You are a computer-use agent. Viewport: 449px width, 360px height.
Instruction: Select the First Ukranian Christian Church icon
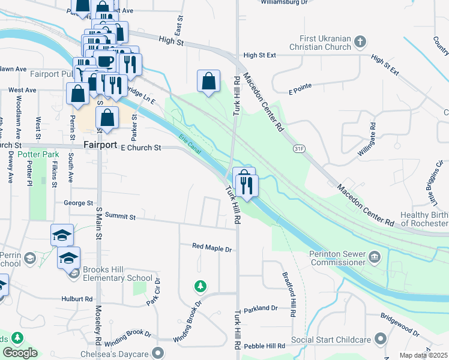[x=360, y=41]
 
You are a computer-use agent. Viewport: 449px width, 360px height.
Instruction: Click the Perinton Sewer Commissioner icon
[x=376, y=257]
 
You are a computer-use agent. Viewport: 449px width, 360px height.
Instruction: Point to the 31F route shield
[x=298, y=148]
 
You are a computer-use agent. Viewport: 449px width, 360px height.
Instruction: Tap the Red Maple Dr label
[x=211, y=247]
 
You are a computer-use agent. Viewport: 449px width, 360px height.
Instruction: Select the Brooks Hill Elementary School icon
[x=74, y=274]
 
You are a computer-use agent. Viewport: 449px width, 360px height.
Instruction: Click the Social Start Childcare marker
[x=380, y=340]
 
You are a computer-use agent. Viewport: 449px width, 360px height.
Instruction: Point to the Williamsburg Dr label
[x=284, y=2]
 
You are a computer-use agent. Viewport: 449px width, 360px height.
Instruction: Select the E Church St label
[x=141, y=147]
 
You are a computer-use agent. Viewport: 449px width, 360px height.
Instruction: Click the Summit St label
[x=120, y=215]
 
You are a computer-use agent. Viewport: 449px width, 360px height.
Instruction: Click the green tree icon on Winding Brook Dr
[x=200, y=286]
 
